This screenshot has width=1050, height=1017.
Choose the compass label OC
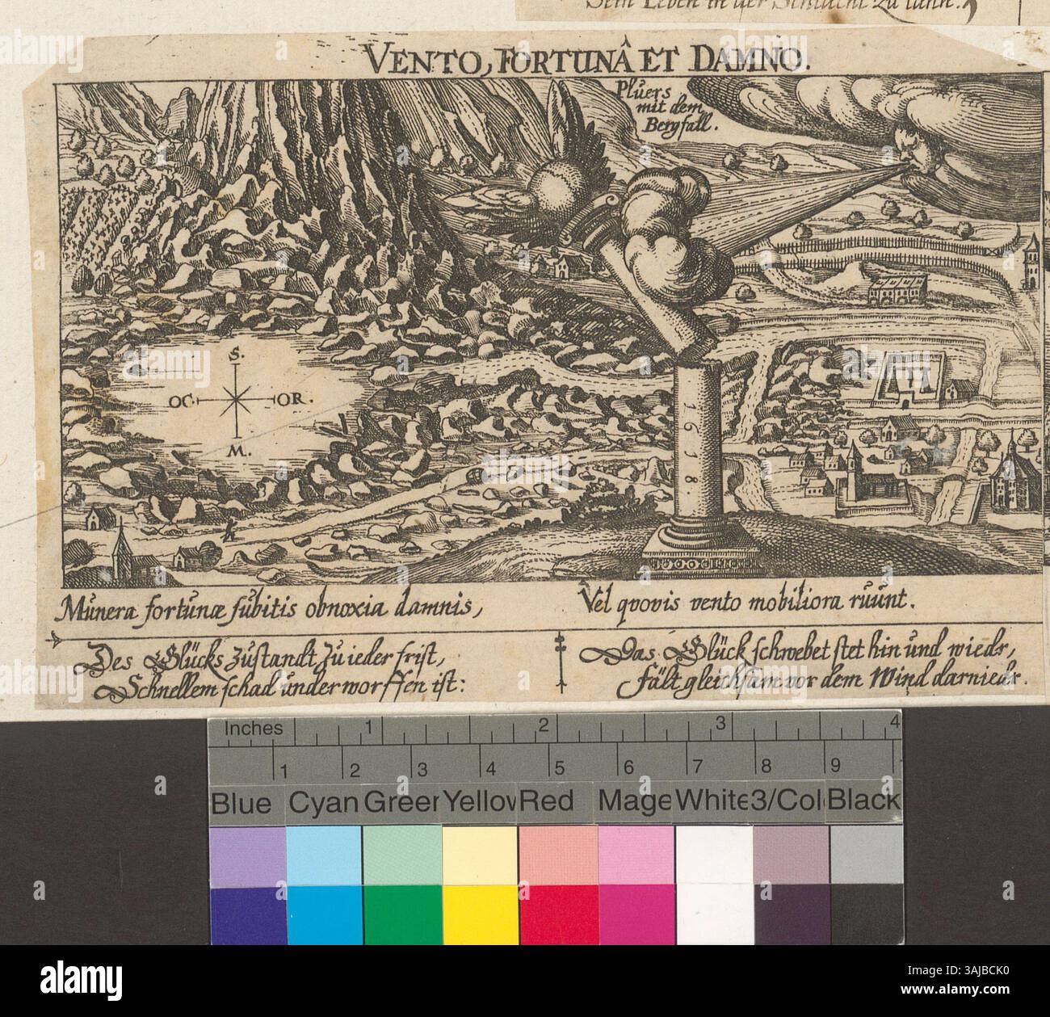pyautogui.click(x=179, y=400)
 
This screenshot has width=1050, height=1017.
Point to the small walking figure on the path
pyautogui.click(x=230, y=530)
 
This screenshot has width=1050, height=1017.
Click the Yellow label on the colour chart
pyautogui.click(x=480, y=802)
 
